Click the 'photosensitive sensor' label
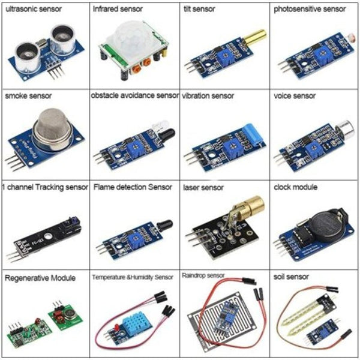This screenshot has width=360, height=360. tap(310, 10)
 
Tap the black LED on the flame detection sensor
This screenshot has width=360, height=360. tap(164, 228)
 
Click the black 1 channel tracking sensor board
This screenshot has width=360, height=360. tap(45, 231)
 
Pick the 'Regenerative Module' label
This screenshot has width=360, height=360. tap(40, 278)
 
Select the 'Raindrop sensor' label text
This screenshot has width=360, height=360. tap(203, 276)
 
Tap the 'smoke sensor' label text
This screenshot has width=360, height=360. tap(28, 95)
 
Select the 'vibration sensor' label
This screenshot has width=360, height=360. tap(208, 95)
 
